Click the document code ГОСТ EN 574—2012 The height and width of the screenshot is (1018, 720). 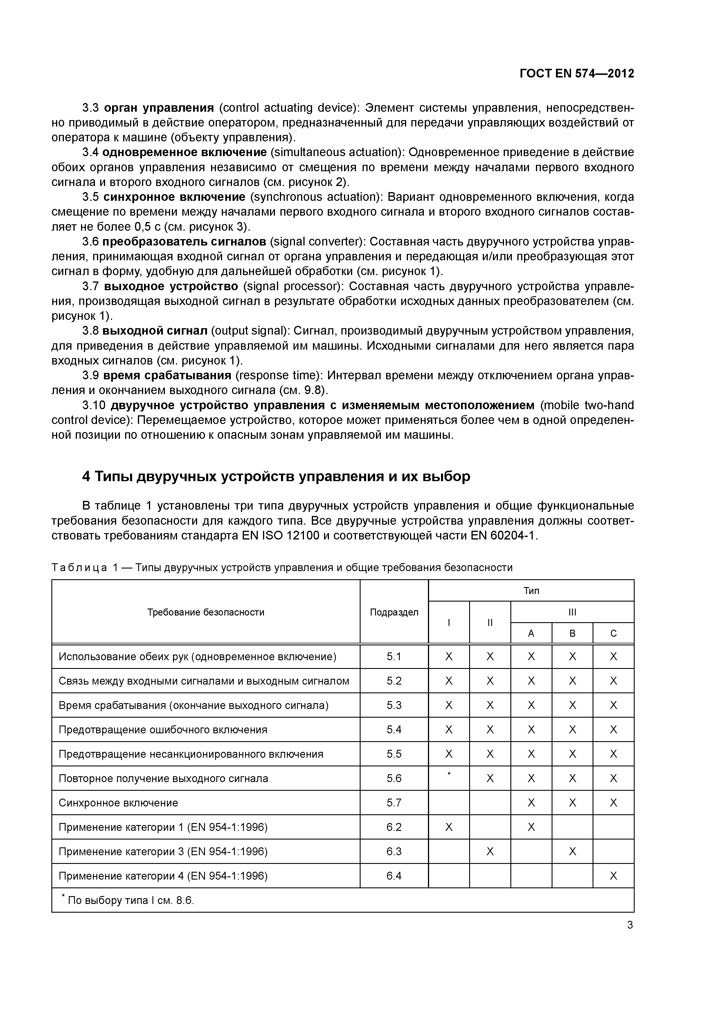576,74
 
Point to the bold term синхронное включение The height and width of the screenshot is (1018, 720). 174,197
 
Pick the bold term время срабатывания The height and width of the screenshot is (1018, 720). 167,375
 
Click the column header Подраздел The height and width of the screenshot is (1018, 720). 394,612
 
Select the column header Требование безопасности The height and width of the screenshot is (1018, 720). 206,612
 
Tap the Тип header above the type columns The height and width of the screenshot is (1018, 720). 531,591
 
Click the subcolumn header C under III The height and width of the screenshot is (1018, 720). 613,633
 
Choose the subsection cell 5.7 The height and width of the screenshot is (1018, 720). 394,803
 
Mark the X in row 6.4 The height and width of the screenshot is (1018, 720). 613,876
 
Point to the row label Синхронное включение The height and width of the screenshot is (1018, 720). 118,803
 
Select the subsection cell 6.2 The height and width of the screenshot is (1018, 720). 394,827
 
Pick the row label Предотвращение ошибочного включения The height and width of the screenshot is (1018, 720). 163,730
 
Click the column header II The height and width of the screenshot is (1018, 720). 490,622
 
